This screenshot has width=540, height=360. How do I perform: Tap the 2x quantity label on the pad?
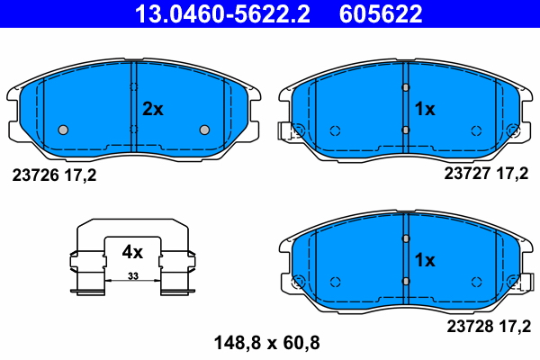click(x=153, y=109)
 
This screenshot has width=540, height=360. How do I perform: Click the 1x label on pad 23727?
click(x=424, y=109)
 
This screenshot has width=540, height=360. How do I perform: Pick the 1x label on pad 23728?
click(x=424, y=260)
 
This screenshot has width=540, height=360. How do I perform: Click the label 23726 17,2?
click(x=53, y=175)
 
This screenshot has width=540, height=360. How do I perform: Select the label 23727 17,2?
click(x=487, y=175)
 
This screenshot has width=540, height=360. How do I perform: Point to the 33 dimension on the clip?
click(x=132, y=274)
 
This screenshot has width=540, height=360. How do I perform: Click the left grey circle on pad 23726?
click(x=63, y=130)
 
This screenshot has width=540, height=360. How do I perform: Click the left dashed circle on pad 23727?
click(x=335, y=130)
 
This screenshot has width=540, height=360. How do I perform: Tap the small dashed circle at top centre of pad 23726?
click(x=133, y=87)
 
